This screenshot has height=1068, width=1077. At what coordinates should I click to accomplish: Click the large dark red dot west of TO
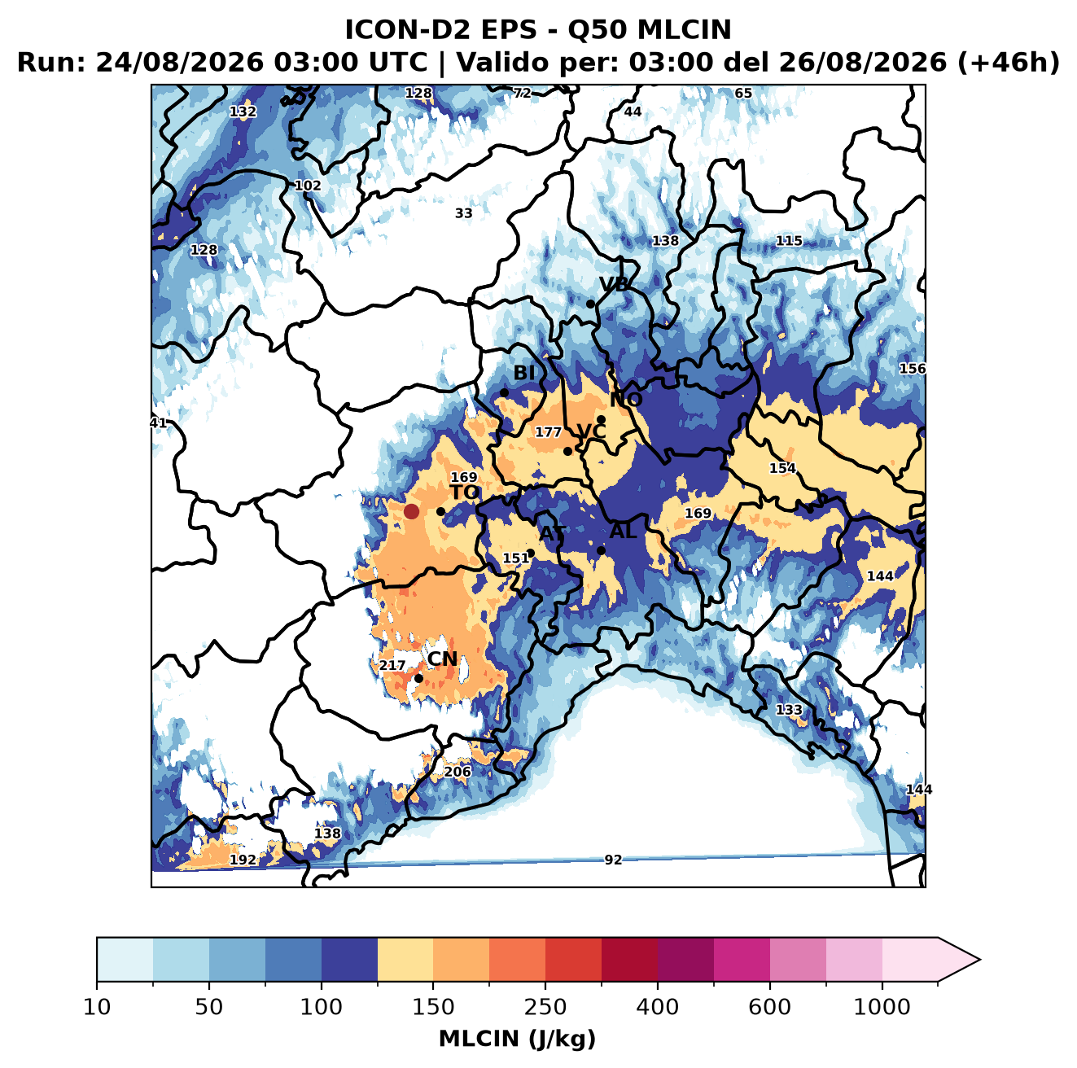point(411,511)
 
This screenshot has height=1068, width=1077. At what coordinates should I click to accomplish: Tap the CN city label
point(442,659)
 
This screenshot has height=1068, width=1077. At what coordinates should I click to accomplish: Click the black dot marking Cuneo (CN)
point(418,678)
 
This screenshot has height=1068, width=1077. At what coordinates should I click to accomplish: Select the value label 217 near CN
point(392,666)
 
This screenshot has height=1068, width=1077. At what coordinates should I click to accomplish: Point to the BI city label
point(524,373)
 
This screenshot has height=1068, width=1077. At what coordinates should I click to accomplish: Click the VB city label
point(614,284)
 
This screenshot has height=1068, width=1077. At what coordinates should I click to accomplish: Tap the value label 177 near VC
point(549,432)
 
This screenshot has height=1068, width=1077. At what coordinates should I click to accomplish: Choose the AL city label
point(624,531)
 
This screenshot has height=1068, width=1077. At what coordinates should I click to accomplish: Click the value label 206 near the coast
point(458,772)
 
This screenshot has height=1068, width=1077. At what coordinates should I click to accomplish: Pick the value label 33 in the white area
point(464,213)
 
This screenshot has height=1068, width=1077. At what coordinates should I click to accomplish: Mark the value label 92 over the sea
point(613,860)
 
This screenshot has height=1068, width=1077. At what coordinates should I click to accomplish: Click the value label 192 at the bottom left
point(243,860)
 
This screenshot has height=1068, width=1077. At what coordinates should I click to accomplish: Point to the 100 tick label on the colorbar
point(322,1007)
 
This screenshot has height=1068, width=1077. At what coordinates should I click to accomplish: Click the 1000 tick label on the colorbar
point(882,1007)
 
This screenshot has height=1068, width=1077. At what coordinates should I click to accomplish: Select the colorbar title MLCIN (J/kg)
point(518,1040)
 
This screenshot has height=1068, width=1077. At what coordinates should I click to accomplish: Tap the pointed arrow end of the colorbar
point(980,960)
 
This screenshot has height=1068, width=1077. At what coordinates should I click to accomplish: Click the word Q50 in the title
point(598,30)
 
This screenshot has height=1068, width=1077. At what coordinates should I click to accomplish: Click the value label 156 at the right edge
point(912,369)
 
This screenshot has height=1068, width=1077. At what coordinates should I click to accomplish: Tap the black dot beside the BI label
point(504,393)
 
